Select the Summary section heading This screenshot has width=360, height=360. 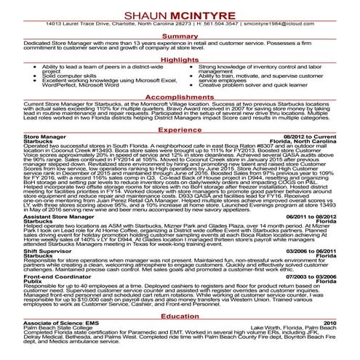click(180, 36)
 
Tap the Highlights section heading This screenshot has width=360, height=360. click(180, 59)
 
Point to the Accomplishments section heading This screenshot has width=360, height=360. click(180, 96)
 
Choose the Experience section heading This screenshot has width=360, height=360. click(180, 129)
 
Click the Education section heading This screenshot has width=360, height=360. click(180, 316)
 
